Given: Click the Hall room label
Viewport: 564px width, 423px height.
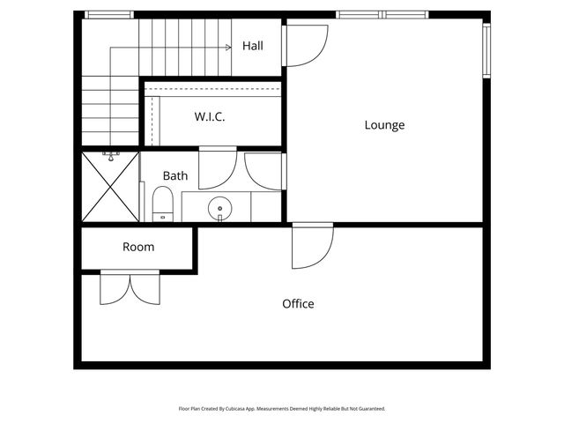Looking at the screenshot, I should [253, 46].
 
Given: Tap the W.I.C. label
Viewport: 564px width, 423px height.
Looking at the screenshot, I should [210, 116].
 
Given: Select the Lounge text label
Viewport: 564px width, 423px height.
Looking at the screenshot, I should [384, 125].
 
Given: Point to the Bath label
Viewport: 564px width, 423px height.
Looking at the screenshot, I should [174, 176].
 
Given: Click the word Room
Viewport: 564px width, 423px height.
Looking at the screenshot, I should [138, 247].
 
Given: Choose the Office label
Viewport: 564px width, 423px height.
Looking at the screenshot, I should [298, 304].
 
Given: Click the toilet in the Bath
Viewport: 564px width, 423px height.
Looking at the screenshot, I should [163, 204].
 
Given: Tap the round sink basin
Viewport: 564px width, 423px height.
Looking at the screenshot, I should [220, 210].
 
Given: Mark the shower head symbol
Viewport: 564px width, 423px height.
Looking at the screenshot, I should [111, 156].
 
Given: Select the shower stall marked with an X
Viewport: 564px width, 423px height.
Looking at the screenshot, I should [110, 187].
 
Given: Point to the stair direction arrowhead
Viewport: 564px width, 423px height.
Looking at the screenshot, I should [227, 47].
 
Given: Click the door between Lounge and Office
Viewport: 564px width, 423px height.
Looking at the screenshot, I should [313, 247].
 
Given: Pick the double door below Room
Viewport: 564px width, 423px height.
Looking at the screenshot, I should [130, 288].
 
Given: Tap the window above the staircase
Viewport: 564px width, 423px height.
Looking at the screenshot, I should [108, 14].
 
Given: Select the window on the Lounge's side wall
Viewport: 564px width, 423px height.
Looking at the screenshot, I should [486, 50].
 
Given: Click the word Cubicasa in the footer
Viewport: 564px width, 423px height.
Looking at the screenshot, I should [239, 409].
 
